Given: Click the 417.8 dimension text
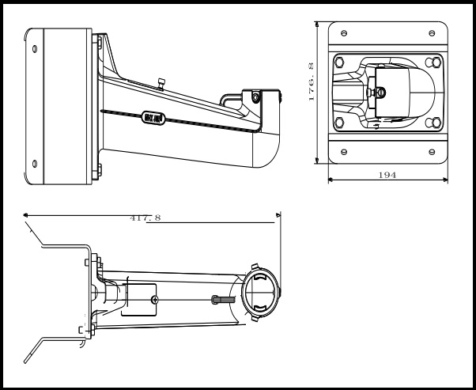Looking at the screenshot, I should coord(145,218).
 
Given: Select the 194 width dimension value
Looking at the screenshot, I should coord(388,173).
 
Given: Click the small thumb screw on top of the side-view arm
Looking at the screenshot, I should coord(161,83).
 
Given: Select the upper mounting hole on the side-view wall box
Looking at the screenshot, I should coord(35,49).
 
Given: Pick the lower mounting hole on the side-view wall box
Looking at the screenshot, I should coord(35,163).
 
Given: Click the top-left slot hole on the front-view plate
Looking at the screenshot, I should coord(344,33).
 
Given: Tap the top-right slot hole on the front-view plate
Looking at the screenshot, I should coord(431,33).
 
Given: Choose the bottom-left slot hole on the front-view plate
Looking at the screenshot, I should coord(344,151).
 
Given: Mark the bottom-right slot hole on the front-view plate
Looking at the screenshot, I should coord(431,151).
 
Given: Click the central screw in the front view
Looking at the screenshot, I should coord(382,93).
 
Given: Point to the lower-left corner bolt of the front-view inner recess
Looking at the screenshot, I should coord(339,123).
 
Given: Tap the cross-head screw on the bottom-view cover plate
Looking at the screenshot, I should coord(155,299).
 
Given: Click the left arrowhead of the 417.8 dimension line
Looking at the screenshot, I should coord(27,214).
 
